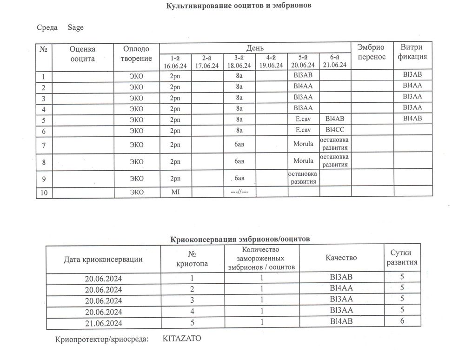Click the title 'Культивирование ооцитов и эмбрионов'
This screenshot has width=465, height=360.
click(x=239, y=6)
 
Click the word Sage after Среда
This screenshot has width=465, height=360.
click(x=75, y=27)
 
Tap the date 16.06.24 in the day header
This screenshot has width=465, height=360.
click(x=175, y=66)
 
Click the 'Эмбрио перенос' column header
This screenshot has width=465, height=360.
click(x=371, y=52)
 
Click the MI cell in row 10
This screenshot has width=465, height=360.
click(x=175, y=192)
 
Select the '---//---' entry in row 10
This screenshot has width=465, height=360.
click(x=239, y=192)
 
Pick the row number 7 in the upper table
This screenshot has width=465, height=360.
click(x=44, y=145)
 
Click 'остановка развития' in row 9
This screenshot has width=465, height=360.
click(x=303, y=177)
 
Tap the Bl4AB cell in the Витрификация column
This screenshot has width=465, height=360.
click(x=413, y=118)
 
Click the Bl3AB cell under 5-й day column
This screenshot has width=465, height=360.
click(x=303, y=75)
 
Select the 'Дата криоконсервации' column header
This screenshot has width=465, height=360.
click(x=103, y=259)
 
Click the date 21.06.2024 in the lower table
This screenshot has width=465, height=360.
click(x=103, y=322)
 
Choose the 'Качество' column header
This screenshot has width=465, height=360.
click(x=342, y=258)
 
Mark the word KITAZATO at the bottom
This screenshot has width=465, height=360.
click(x=182, y=339)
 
